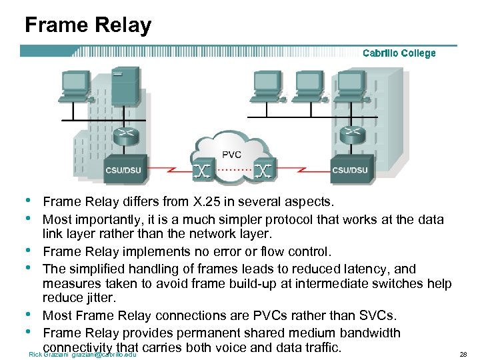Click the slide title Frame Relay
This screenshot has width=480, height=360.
(88, 25)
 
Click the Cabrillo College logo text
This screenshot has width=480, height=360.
(399, 53)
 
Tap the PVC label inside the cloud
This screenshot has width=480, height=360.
(231, 155)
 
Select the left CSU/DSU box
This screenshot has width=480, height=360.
(123, 169)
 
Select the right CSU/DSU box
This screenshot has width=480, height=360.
(349, 169)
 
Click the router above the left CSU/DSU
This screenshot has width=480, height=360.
(123, 135)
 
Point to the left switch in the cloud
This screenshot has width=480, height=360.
(202, 171)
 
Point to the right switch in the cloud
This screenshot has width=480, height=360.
(263, 171)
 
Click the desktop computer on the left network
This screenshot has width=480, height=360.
(74, 85)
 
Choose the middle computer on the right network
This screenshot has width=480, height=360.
(309, 85)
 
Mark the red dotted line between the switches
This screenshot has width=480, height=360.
(233, 171)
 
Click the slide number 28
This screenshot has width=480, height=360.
(464, 354)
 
